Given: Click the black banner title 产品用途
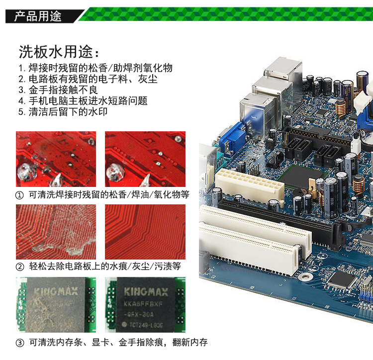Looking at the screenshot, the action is click(x=38, y=16).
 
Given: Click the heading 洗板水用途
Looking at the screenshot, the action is click(x=56, y=52).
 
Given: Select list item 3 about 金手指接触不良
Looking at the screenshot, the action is click(x=58, y=90).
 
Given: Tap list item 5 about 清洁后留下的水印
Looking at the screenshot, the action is click(x=63, y=112).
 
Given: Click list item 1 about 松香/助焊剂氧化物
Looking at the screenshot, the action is click(x=95, y=68).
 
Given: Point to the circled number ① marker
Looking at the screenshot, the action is click(x=19, y=195).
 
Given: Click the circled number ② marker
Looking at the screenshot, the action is click(x=20, y=267).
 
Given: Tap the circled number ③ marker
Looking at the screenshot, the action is click(x=20, y=343).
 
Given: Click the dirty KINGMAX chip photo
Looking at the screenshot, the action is click(x=56, y=305).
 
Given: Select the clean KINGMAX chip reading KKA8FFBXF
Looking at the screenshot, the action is click(x=145, y=305).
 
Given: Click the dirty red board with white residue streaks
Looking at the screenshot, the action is click(x=56, y=232).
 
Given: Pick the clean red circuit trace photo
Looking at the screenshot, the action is click(x=145, y=232).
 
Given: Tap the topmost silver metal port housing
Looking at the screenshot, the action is click(x=283, y=68).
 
